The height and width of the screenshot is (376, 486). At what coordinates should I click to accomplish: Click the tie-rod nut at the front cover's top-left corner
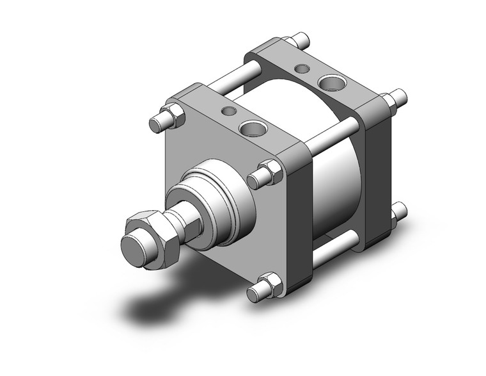(171, 117)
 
